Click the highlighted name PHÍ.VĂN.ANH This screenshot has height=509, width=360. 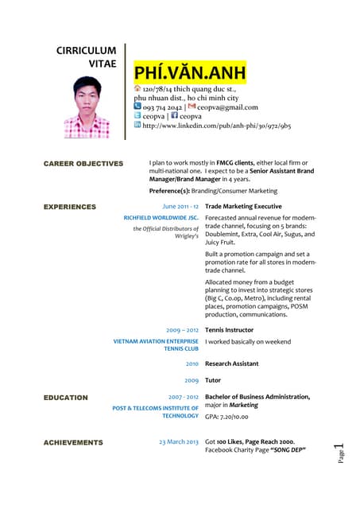pyautogui.click(x=190, y=74)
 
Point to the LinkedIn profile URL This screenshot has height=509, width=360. pyautogui.click(x=216, y=126)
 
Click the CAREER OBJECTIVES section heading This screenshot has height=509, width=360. pyautogui.click(x=83, y=164)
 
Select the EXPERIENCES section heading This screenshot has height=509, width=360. pyautogui.click(x=70, y=207)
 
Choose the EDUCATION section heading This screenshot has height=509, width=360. pyautogui.click(x=66, y=397)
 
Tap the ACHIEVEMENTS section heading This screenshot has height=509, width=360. pyautogui.click(x=73, y=442)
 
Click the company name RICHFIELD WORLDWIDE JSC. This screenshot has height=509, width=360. pyautogui.click(x=161, y=218)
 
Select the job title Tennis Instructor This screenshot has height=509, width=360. pyautogui.click(x=229, y=329)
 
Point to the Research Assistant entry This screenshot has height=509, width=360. pyautogui.click(x=231, y=363)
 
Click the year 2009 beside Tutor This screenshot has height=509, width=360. pyautogui.click(x=192, y=380)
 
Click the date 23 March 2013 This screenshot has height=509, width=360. pyautogui.click(x=178, y=441)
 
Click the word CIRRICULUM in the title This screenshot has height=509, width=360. pyautogui.click(x=86, y=50)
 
